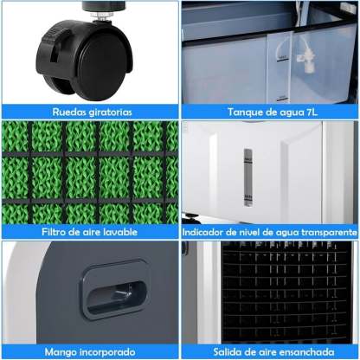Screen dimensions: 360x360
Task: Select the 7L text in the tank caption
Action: click(x=311, y=112)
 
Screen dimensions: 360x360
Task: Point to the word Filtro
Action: click(x=54, y=232)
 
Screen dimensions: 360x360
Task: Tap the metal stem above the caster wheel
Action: click(x=101, y=16)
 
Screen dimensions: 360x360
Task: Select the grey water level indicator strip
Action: click(x=248, y=177)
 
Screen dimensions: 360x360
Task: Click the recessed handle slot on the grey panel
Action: click(x=116, y=297)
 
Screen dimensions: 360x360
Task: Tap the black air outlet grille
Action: click(x=286, y=292)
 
